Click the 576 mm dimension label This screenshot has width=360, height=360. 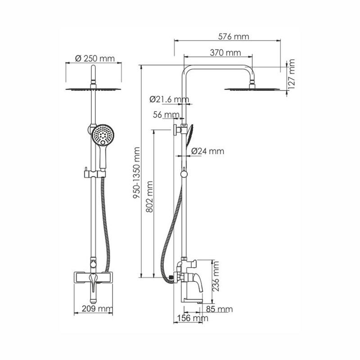tap(233, 37)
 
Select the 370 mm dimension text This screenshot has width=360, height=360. tap(225, 53)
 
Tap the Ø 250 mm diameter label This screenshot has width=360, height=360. tap(95, 58)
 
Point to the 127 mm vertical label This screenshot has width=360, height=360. tap(291, 75)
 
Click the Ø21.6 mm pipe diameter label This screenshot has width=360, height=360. tap(170, 99)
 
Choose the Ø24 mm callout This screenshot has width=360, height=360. tap(207, 151)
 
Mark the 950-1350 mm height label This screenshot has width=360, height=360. tap(137, 173)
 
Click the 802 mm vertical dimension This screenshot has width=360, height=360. tap(149, 197)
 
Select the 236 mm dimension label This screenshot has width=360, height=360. tap(216, 276)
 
